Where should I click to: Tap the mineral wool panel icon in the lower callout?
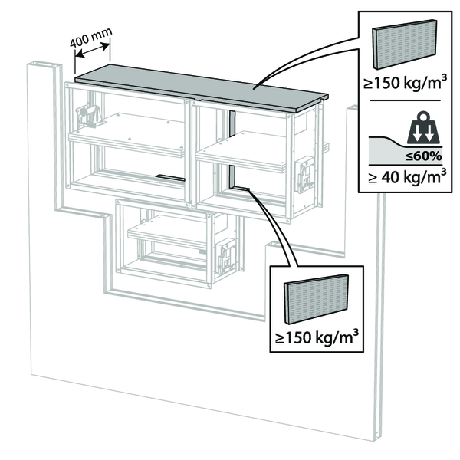click(314, 299)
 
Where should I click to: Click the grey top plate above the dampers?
click(199, 87)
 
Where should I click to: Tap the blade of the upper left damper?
click(127, 144)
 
